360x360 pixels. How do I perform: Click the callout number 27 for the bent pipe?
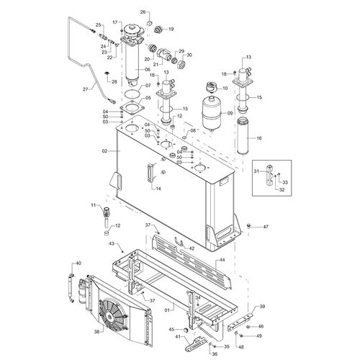tap(86, 89)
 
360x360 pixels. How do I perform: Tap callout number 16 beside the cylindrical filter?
tap(259, 138)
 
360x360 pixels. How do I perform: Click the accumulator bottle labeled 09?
tap(212, 114)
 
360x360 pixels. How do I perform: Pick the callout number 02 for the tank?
tap(104, 151)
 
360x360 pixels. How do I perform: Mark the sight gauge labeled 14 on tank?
tap(150, 172)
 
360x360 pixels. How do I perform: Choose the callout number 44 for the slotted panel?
tap(222, 260)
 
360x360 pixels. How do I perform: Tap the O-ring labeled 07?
tap(132, 93)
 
